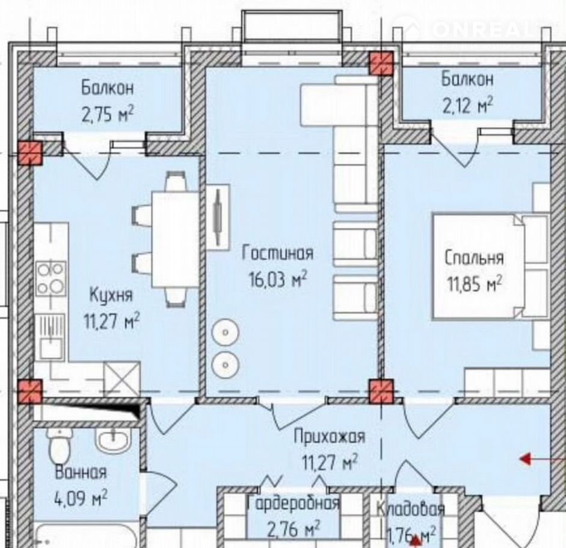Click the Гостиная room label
277,253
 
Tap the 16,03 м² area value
278,279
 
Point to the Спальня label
474,258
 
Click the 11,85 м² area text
475,284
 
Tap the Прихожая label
330,437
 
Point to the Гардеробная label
293,503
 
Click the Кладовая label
410,509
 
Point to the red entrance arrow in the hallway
542,459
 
